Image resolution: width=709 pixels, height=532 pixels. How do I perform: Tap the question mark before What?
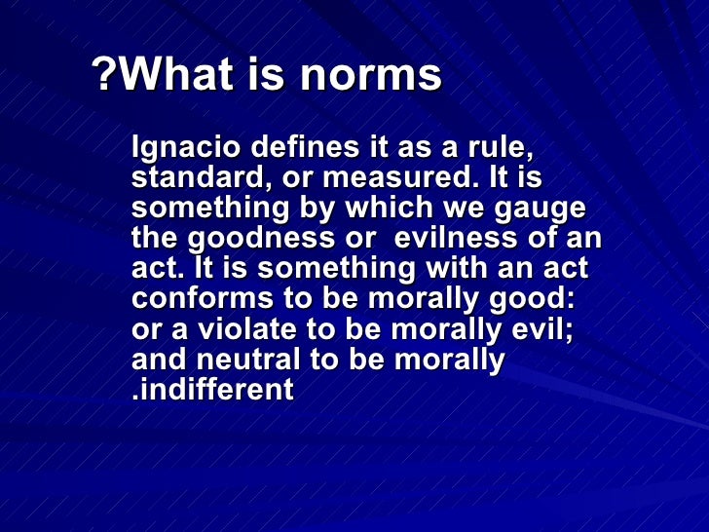coord(103,76)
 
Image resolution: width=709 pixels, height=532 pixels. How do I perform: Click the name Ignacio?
coord(185,151)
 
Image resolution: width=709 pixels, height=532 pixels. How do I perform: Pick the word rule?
coord(504,151)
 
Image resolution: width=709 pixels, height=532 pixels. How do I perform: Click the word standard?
coord(190,180)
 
